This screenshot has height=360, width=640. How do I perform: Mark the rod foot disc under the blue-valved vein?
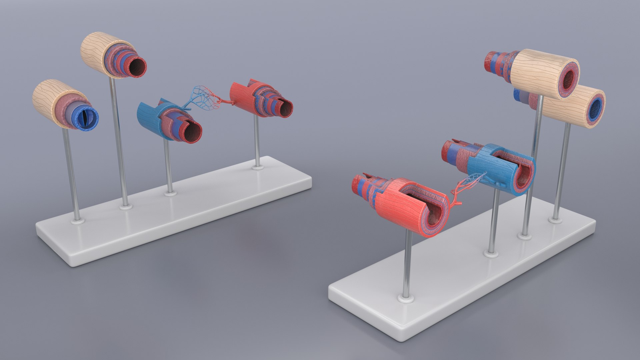click(x=77, y=220)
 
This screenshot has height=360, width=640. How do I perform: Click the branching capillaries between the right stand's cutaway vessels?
click(x=467, y=187)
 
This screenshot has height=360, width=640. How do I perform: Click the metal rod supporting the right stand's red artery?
click(x=407, y=263)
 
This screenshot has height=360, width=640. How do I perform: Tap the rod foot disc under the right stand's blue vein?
click(x=491, y=253)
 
